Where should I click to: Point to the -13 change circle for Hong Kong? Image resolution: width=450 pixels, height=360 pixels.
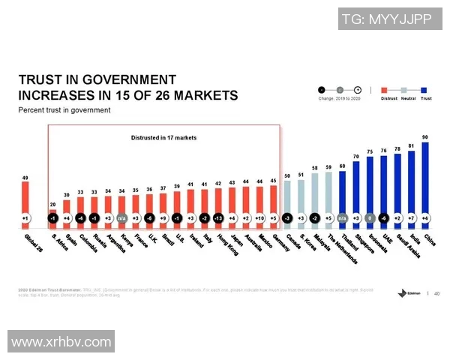[x=218, y=218]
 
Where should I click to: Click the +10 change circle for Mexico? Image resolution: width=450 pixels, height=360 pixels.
[x=259, y=218]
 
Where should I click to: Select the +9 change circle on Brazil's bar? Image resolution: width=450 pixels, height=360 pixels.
[x=163, y=218]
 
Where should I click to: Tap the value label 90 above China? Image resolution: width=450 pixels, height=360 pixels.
[x=425, y=137]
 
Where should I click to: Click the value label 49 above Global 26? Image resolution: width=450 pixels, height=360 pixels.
[x=26, y=178]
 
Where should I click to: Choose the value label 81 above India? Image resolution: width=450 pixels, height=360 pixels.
[x=411, y=145]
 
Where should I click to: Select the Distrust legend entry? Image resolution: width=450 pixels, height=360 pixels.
[x=388, y=98]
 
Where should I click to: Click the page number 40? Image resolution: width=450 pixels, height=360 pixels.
[x=437, y=293]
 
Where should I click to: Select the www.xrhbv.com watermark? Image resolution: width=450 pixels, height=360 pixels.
[x=61, y=342]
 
